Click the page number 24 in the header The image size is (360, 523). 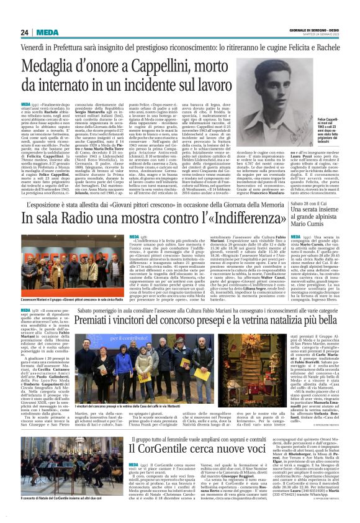pyautogui.click(x=24, y=32)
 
